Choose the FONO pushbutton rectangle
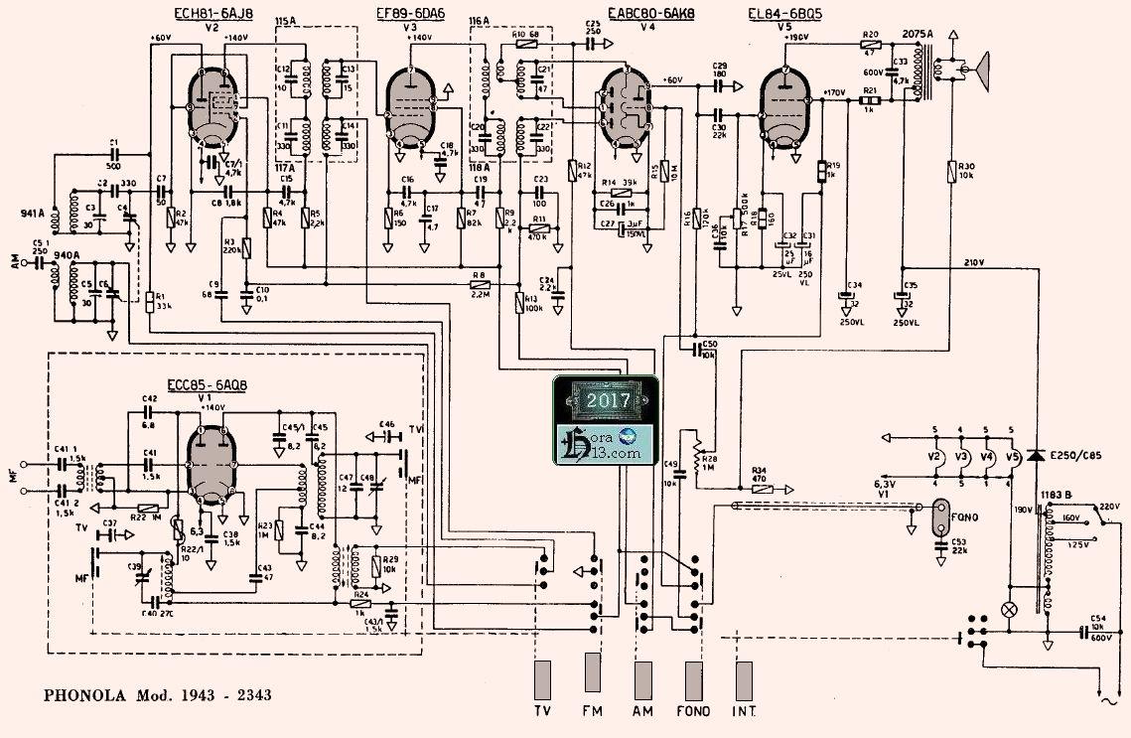pos(692,680)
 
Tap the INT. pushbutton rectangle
pos(744,680)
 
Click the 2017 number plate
pos(602,401)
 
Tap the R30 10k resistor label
pos(967,170)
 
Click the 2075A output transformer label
pos(919,33)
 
